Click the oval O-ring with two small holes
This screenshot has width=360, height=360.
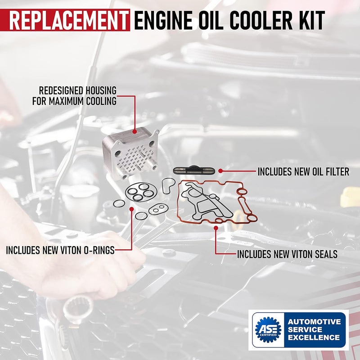click(158, 209)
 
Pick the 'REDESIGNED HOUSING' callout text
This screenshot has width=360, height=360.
click(77, 90)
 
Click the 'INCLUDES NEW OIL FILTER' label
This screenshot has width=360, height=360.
click(303, 171)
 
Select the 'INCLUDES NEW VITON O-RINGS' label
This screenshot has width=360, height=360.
click(60, 250)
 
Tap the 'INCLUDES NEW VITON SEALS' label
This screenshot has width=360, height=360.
click(287, 254)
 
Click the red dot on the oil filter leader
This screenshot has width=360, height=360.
click(220, 171)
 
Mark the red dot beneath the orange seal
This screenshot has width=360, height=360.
click(216, 228)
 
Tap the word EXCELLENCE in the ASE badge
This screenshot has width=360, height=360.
click(314, 337)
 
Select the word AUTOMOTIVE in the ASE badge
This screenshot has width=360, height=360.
click(314, 322)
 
